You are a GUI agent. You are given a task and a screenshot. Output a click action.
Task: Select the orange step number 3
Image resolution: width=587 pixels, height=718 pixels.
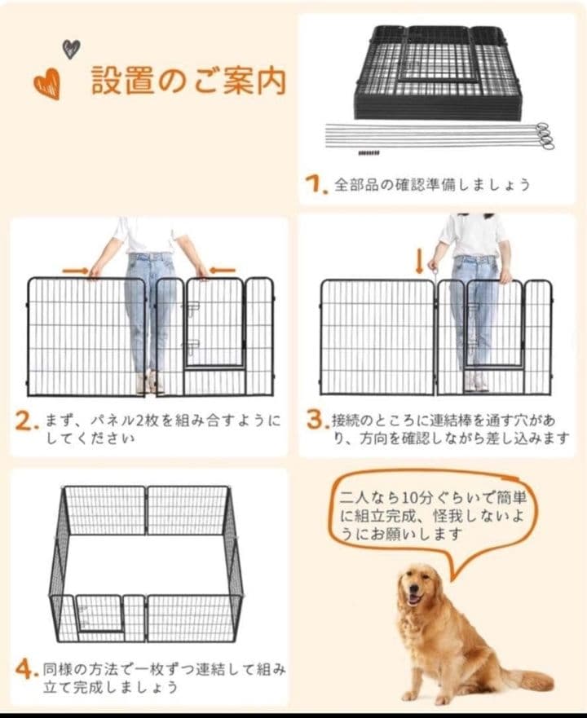tap(316, 421)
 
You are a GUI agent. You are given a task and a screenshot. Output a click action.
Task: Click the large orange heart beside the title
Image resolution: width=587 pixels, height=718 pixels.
tap(46, 83)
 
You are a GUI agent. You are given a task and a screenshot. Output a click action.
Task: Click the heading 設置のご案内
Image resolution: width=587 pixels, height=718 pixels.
tap(188, 82)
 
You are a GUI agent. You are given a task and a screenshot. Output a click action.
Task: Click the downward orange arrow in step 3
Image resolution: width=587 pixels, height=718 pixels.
tap(420, 262)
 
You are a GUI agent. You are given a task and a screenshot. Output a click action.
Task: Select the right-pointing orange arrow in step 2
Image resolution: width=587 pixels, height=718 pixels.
tap(75, 270)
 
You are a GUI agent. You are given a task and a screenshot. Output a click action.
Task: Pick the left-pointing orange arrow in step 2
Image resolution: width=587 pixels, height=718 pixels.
tap(222, 270)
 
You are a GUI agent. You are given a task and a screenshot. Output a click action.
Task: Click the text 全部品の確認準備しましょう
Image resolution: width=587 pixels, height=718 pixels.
tap(432, 184)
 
